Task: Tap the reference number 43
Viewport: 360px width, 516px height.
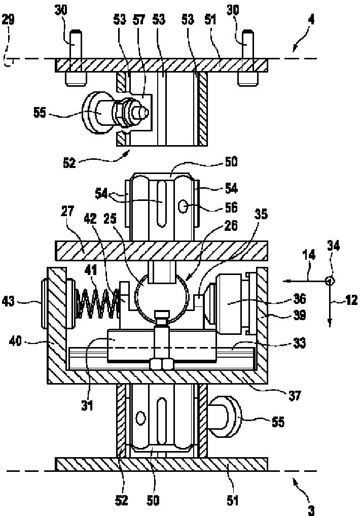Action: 9,301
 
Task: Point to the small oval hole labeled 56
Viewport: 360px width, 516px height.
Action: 183,207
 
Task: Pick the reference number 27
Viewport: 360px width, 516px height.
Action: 67,211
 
